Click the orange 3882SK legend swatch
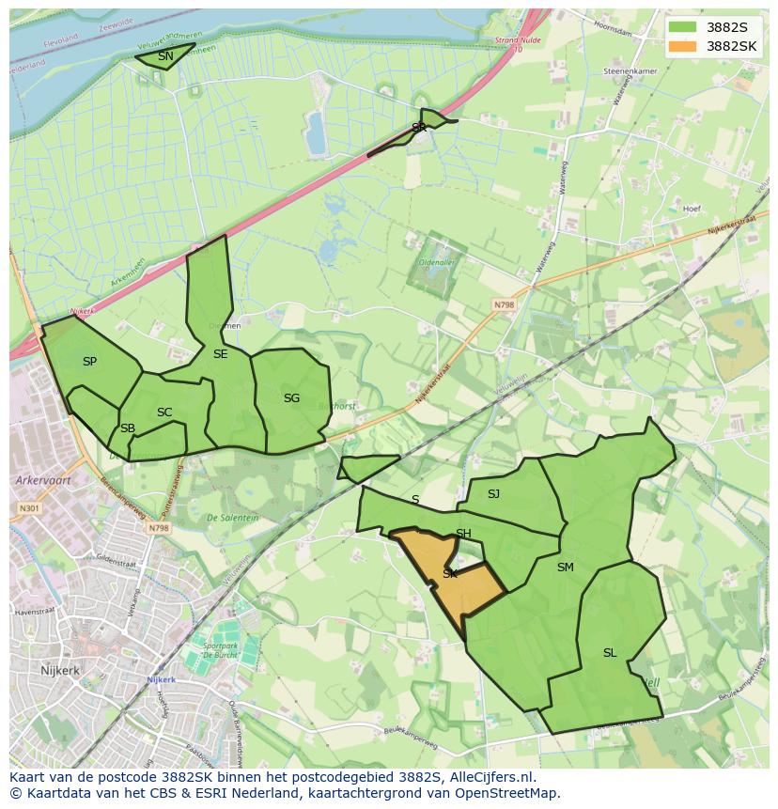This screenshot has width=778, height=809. pos(685,46)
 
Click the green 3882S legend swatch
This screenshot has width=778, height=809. pos(685,27)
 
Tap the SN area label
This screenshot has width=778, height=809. pos(165,56)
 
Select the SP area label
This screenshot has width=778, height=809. pos(89,361)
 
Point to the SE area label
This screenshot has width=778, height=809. pos(220,354)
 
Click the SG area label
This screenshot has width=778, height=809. pos(291,398)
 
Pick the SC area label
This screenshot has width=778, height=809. pos(164,412)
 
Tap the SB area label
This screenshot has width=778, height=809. pos(128,428)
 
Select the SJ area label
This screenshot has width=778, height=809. pos(493,493)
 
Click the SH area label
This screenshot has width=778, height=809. pos(463,534)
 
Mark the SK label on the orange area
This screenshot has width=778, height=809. pos(450,573)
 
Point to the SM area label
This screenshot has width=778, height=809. pos(565,567)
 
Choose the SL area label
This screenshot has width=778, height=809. pos(610,652)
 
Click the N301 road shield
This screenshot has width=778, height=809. pos(28,508)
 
